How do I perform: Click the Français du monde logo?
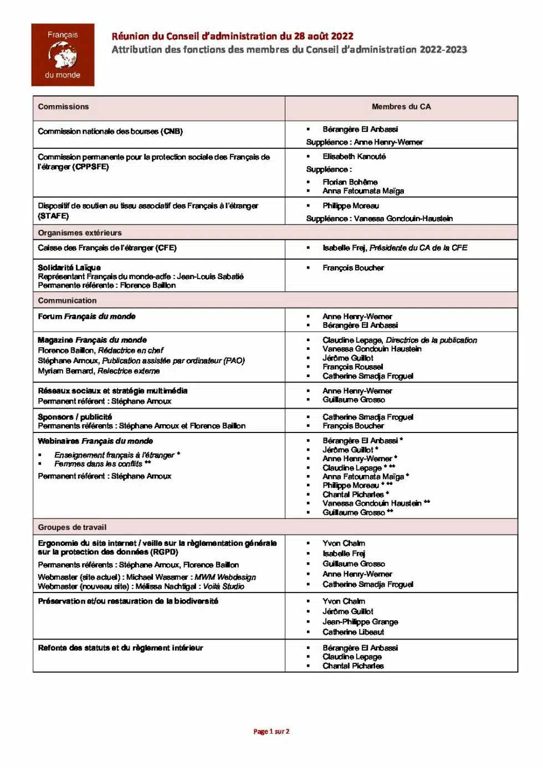(63, 55)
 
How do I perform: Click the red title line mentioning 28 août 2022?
(232, 37)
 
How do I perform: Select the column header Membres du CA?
(401, 107)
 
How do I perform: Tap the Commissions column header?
(63, 107)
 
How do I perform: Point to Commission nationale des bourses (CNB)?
(110, 132)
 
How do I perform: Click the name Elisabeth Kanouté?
(354, 157)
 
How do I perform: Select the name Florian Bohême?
(350, 182)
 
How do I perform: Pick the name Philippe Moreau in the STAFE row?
(351, 206)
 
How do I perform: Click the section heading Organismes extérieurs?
(80, 233)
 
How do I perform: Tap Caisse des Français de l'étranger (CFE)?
(107, 248)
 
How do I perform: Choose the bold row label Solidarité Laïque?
(69, 267)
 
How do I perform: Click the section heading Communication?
(67, 301)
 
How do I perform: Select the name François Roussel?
(352, 367)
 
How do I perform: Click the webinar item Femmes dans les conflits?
(98, 464)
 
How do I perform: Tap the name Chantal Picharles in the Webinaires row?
(353, 494)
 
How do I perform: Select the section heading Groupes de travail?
(72, 528)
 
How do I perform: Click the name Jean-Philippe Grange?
(360, 622)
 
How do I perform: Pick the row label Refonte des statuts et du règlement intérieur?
(120, 648)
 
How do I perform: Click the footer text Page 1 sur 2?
(271, 731)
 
